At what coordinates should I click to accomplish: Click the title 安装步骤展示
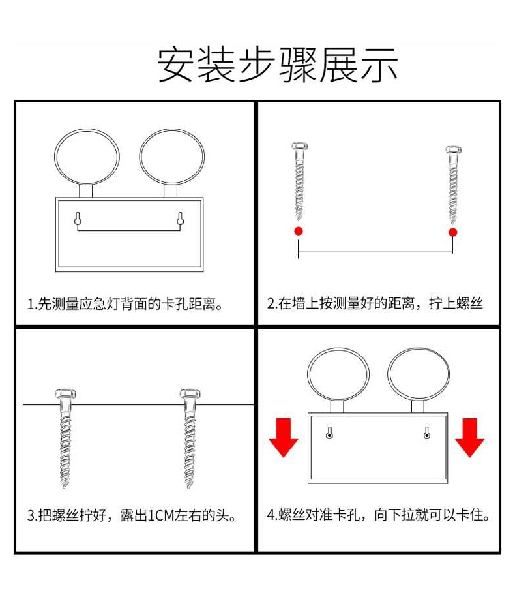tap(278, 65)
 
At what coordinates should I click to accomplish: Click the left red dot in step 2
tap(299, 231)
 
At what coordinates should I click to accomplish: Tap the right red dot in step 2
tap(452, 232)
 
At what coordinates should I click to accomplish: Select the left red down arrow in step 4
tap(284, 437)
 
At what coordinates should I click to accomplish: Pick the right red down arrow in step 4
tap(469, 437)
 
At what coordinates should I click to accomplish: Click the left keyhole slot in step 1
tap(78, 219)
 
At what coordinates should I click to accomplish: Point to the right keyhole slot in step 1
tap(180, 219)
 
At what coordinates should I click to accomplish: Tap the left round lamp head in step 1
tap(55, 157)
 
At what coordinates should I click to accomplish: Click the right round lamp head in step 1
tap(140, 157)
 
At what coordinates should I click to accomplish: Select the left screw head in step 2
tap(299, 147)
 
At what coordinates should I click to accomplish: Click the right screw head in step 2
tap(453, 149)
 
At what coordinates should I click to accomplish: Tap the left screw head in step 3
tap(65, 393)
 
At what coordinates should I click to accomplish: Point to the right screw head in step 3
tap(190, 393)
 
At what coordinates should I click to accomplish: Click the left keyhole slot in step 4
tap(329, 433)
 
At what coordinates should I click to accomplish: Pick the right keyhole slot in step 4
tap(427, 433)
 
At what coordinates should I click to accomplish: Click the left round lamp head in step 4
tap(308, 374)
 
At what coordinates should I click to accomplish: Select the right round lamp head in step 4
tap(388, 374)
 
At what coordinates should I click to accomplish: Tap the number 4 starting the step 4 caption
tap(271, 515)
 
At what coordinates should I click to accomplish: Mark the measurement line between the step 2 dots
tap(375, 251)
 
